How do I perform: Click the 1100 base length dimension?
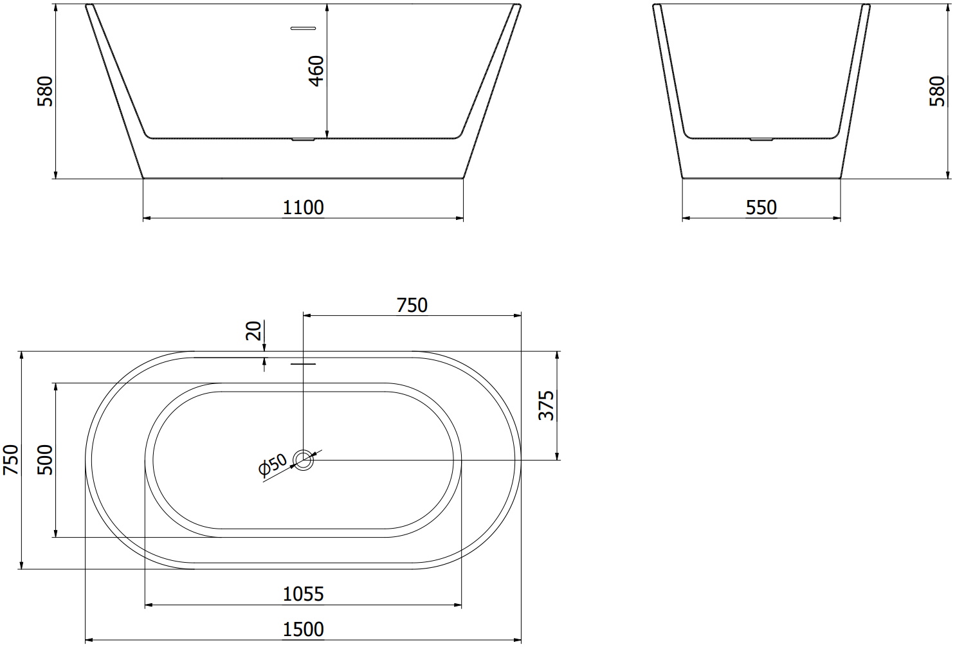pyautogui.click(x=303, y=208)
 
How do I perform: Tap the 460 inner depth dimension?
pyautogui.click(x=316, y=71)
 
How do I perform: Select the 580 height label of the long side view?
pyautogui.click(x=45, y=91)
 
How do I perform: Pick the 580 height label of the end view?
pyautogui.click(x=937, y=91)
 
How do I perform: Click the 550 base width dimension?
pyautogui.click(x=761, y=208)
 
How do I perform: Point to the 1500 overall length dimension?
pyautogui.click(x=303, y=630)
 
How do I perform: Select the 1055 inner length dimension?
pyautogui.click(x=303, y=594)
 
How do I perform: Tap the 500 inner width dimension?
pyautogui.click(x=45, y=460)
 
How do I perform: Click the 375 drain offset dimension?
pyautogui.click(x=546, y=406)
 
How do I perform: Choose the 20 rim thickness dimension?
pyautogui.click(x=253, y=331)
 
